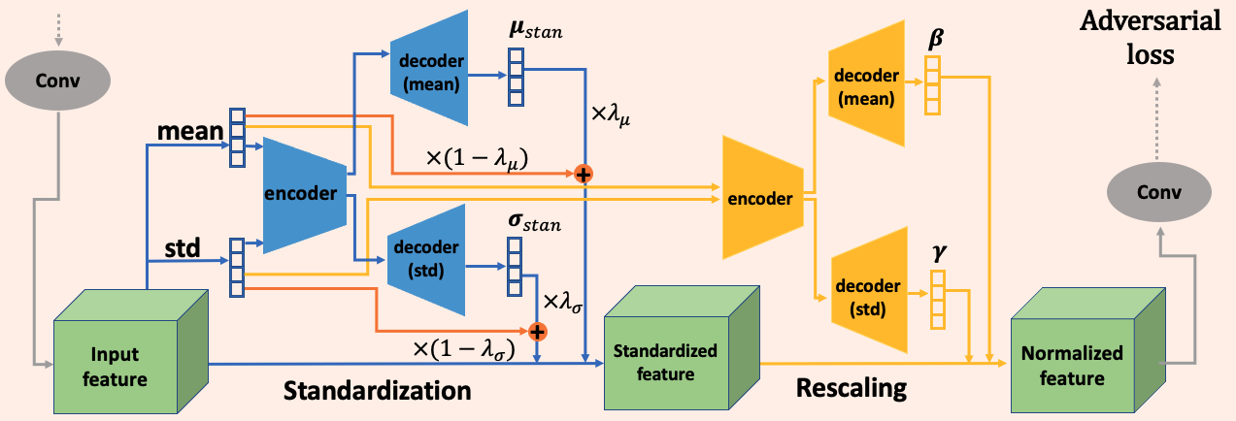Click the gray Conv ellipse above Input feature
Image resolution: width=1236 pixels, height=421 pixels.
58,80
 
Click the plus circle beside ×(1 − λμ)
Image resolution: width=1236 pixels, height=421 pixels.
584,174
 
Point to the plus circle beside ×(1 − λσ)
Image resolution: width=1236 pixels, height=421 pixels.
536,331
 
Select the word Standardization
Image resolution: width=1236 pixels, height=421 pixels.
377,391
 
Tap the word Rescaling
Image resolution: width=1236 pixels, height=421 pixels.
851,389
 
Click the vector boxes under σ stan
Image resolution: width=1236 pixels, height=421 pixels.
514,267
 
